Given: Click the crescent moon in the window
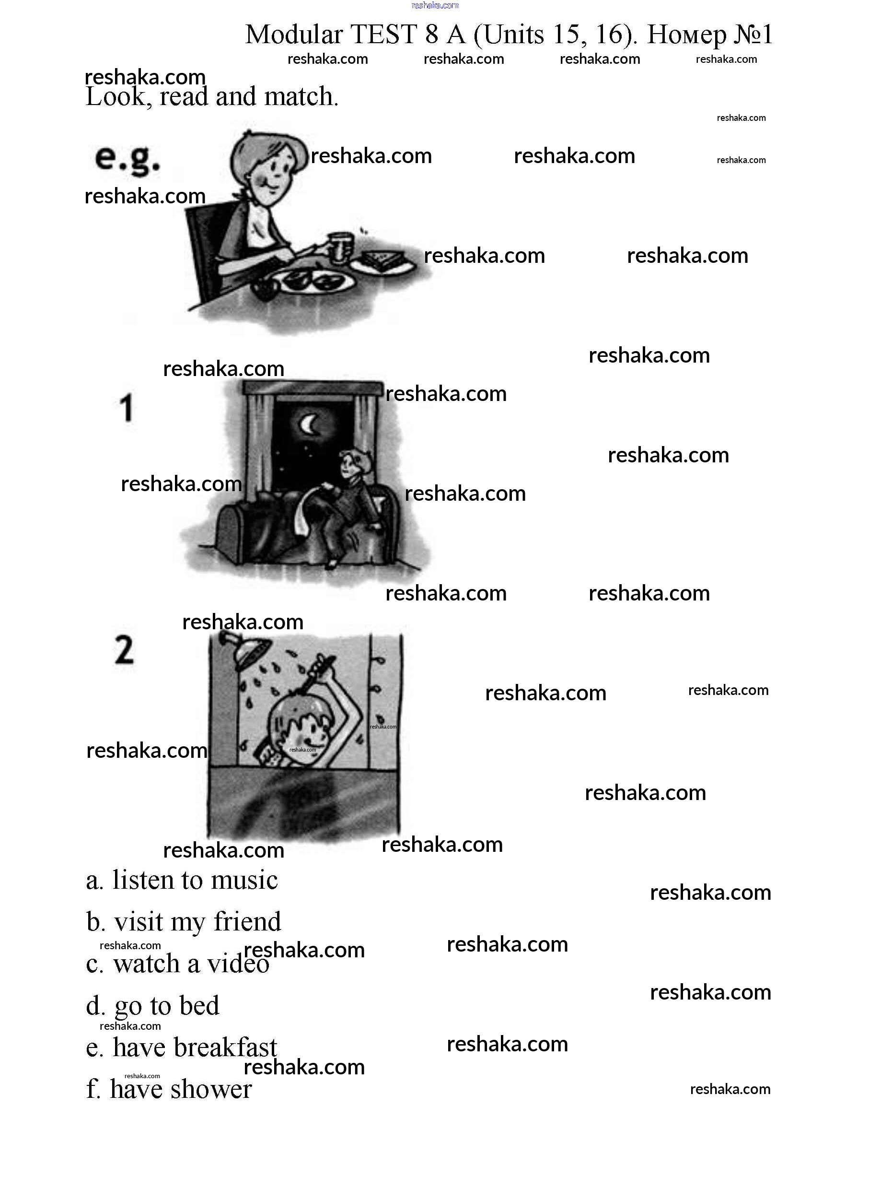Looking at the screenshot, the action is (x=309, y=424).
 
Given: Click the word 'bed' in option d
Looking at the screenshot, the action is (x=199, y=1005).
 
